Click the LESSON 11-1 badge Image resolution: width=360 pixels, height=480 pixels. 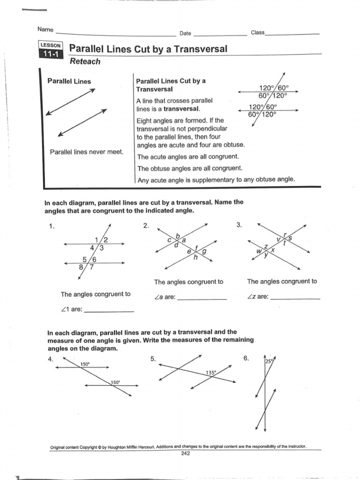pyautogui.click(x=51, y=50)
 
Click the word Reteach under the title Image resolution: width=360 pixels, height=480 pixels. pyautogui.click(x=85, y=61)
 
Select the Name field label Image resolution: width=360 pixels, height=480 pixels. pyautogui.click(x=45, y=29)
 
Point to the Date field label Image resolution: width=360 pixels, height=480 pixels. pyautogui.click(x=185, y=33)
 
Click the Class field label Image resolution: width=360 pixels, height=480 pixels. pyautogui.click(x=257, y=32)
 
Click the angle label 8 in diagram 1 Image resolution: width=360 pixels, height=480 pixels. pyautogui.click(x=82, y=268)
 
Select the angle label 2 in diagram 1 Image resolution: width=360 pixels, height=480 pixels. pyautogui.click(x=105, y=240)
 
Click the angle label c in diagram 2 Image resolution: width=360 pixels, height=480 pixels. pyautogui.click(x=170, y=240)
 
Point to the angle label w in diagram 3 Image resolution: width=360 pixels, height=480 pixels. pyautogui.click(x=258, y=251)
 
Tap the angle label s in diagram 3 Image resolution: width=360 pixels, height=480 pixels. pyautogui.click(x=290, y=238)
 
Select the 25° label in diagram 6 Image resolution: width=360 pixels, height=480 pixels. pyautogui.click(x=268, y=361)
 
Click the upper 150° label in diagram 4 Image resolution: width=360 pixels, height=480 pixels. pyautogui.click(x=85, y=364)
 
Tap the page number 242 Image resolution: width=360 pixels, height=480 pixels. pyautogui.click(x=185, y=453)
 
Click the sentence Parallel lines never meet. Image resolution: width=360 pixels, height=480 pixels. pyautogui.click(x=87, y=152)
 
